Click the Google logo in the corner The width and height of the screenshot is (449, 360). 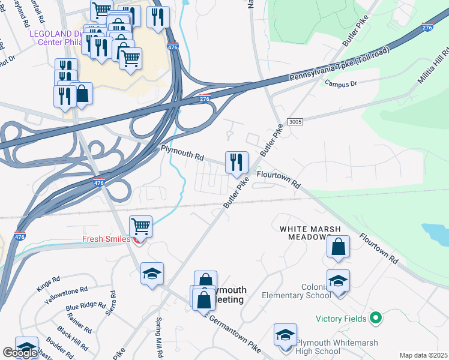[x=20, y=353]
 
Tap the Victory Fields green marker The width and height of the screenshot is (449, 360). [x=376, y=317]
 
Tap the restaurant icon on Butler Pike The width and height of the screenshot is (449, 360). [x=237, y=161]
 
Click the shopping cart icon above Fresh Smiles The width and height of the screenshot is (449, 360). [x=140, y=227]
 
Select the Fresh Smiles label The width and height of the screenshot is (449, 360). [x=107, y=239]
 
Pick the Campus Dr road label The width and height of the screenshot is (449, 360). [x=341, y=83]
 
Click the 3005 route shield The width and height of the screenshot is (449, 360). [x=295, y=121]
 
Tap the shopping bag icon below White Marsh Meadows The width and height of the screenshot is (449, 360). [x=339, y=247]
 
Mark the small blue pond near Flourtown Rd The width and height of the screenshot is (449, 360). [x=435, y=232]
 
